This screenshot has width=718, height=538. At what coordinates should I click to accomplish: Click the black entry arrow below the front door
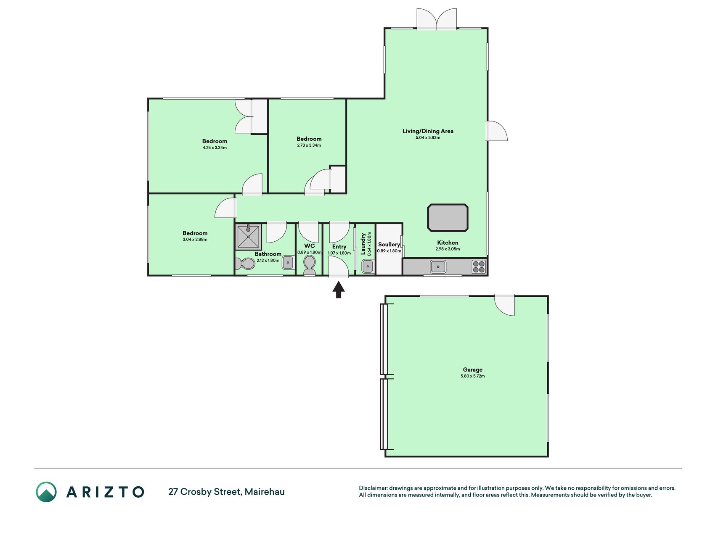(339, 290)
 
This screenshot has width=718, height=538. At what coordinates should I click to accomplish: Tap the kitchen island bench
(448, 218)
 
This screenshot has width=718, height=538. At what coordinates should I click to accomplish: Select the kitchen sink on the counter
(438, 266)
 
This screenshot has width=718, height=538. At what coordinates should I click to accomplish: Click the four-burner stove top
(479, 266)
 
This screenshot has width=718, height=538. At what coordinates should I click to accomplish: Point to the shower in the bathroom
(249, 237)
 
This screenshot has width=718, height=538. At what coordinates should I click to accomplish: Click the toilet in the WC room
(309, 265)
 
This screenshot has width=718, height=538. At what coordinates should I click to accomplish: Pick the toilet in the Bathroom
(245, 264)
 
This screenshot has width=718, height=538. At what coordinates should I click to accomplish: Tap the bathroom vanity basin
(288, 263)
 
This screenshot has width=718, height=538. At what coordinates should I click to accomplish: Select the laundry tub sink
(368, 266)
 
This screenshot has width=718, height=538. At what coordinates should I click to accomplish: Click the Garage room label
(473, 370)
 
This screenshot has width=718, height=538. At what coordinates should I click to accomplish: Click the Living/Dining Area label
(428, 131)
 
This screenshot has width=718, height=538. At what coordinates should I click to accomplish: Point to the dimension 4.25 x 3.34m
(215, 148)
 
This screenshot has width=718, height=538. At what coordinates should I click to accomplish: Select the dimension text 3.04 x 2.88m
(195, 240)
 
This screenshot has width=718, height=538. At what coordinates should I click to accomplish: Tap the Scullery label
(389, 244)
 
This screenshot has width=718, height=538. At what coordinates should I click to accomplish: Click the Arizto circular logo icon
(46, 492)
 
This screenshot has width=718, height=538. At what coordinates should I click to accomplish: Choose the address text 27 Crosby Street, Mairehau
(226, 492)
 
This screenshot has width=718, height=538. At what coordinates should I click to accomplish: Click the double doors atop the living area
(437, 19)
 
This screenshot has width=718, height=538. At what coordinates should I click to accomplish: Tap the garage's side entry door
(504, 305)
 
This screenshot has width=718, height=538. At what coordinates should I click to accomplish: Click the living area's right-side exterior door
(497, 131)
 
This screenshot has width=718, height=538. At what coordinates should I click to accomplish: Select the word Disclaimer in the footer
(373, 488)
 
